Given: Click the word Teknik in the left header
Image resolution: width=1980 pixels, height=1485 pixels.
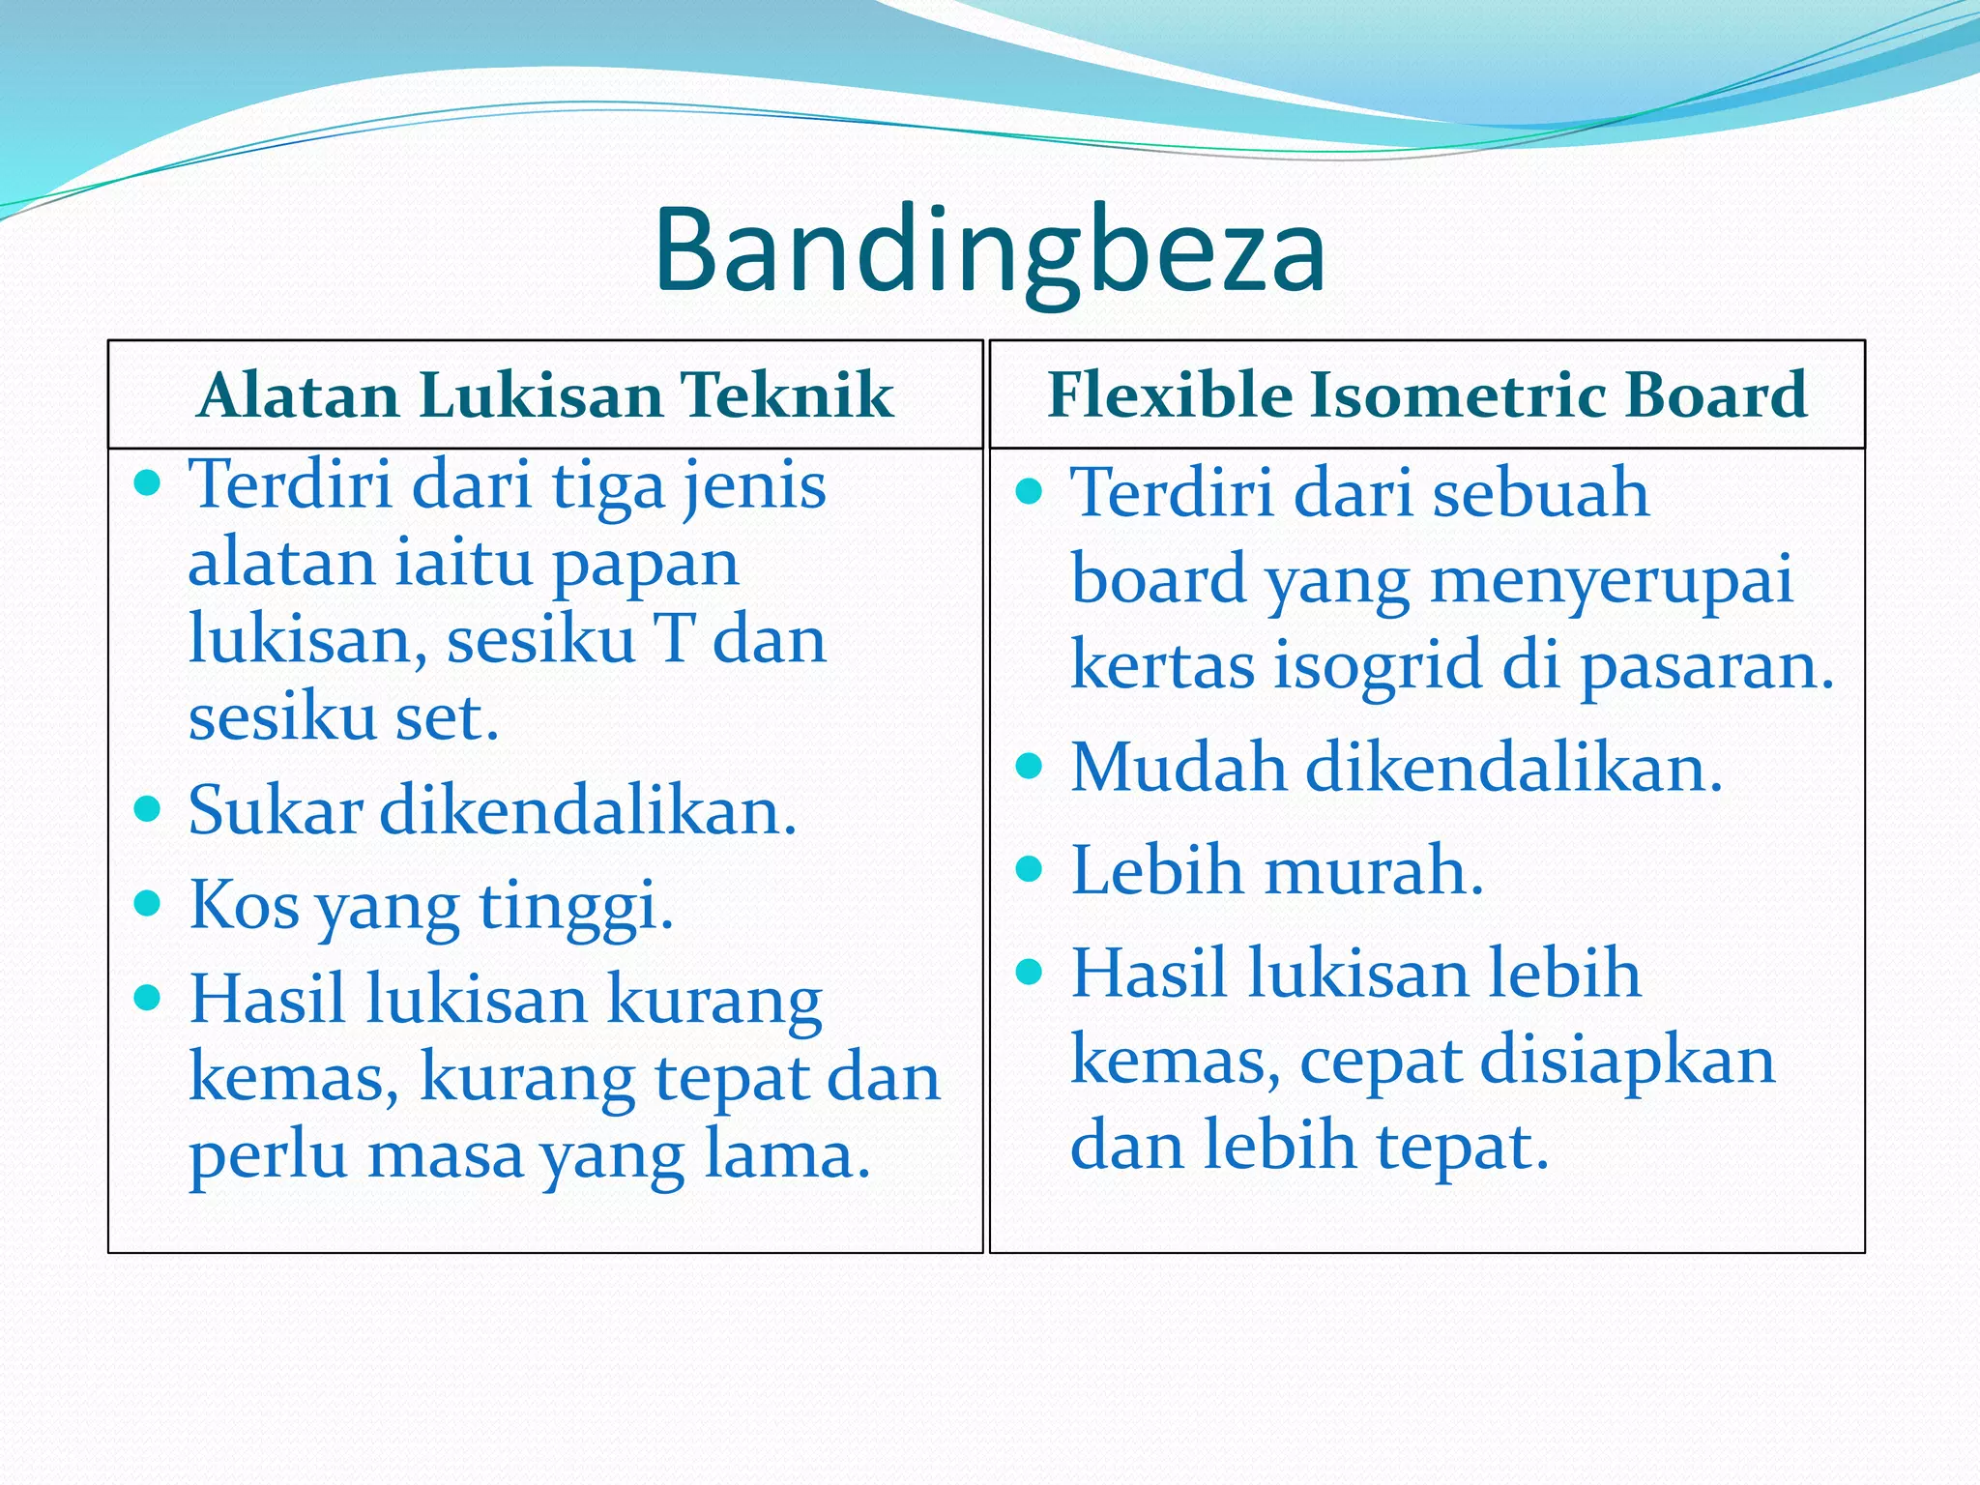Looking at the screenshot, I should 786,395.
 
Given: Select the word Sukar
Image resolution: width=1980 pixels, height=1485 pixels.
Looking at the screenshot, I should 275,810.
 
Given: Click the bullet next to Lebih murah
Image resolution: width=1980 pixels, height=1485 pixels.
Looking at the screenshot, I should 1030,869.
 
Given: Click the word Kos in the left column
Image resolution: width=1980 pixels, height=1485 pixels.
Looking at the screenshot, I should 244,905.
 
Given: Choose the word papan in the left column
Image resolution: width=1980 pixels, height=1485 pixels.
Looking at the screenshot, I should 645,566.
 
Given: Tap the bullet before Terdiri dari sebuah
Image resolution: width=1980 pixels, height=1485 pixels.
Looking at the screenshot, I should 1030,491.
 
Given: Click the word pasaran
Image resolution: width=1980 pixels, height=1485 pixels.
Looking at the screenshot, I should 1706,667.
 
